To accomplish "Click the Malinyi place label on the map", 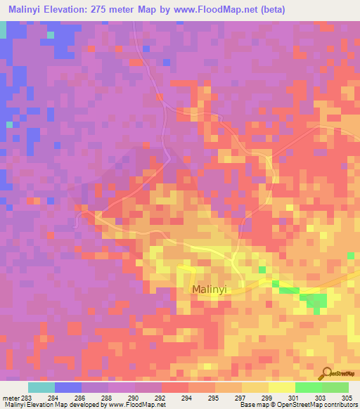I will [x=212, y=290].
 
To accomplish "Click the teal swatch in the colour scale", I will [x=41, y=387].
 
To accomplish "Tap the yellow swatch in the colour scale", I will [x=282, y=387].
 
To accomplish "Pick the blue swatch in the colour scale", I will [x=68, y=387].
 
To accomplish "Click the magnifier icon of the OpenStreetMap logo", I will [x=326, y=373].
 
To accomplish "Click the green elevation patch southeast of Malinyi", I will [x=314, y=301].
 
